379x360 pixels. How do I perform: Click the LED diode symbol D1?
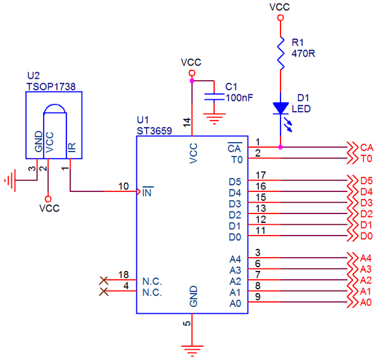(x=280, y=109)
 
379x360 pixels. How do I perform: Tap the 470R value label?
(x=303, y=53)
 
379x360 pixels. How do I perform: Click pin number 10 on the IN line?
(x=124, y=186)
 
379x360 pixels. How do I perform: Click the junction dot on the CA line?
(x=280, y=147)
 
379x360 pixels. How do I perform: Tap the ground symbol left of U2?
(x=9, y=181)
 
